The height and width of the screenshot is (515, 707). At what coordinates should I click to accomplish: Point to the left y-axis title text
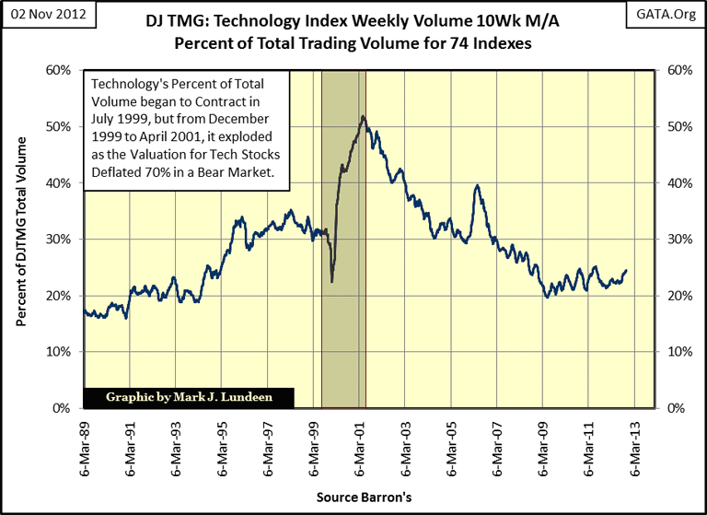pyautogui.click(x=22, y=240)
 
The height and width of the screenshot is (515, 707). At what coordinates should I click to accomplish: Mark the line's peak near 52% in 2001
pyautogui.click(x=364, y=116)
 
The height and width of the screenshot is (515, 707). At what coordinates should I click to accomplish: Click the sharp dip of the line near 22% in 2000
pyautogui.click(x=331, y=281)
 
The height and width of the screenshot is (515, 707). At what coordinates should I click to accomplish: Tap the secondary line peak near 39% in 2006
pyautogui.click(x=477, y=186)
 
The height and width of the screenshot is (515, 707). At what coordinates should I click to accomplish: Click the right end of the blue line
pyautogui.click(x=626, y=271)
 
